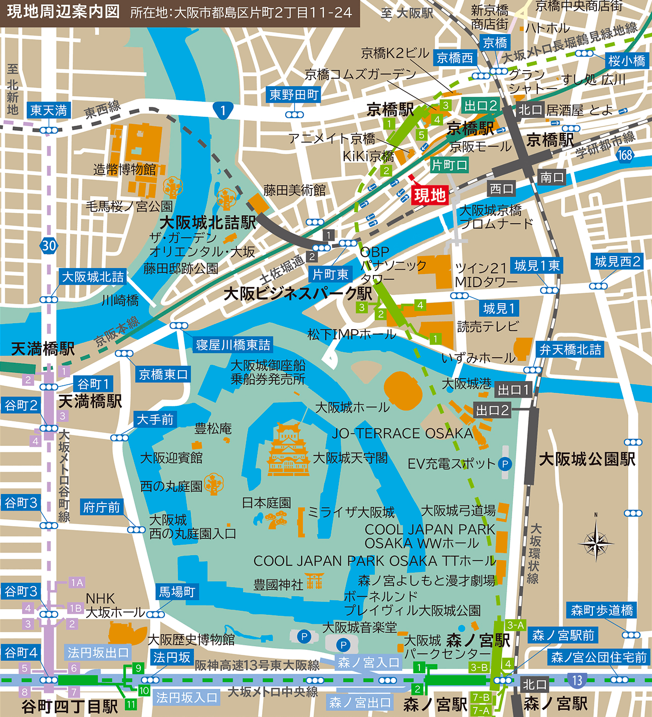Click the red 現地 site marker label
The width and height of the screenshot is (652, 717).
[429, 195]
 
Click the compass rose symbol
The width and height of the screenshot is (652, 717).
[595, 541]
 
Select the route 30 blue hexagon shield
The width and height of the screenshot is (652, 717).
[49, 246]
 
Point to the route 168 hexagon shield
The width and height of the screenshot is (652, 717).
[625, 155]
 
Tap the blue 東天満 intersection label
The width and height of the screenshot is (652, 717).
[49, 110]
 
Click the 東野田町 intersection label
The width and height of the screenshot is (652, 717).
[294, 95]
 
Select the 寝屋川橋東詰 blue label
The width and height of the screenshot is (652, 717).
[233, 345]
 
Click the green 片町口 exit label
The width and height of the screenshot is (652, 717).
[450, 165]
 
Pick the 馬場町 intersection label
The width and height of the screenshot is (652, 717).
[176, 592]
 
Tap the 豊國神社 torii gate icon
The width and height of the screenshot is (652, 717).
[315, 581]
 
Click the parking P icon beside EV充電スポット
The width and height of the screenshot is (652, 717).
[505, 464]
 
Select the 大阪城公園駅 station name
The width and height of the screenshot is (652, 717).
[587, 459]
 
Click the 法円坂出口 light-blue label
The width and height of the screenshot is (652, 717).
[99, 653]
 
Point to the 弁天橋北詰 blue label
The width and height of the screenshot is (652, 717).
[570, 350]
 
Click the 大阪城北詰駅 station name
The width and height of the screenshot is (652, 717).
[207, 222]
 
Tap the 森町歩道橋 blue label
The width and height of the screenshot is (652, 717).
[602, 610]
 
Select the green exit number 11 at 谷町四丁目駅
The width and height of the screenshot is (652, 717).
[131, 704]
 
